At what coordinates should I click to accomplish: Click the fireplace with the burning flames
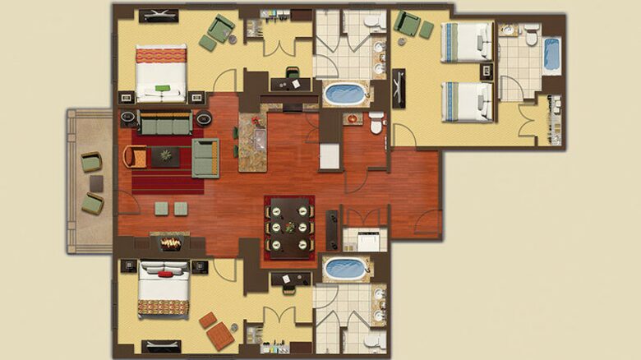coord(170,243)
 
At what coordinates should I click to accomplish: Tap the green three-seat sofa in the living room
coord(165,122)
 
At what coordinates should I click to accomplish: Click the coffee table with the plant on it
coord(166,156)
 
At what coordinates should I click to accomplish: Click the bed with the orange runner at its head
coord(161,73)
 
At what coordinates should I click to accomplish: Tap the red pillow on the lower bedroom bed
coord(165,274)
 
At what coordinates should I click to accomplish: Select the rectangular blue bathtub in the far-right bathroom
coord(551,54)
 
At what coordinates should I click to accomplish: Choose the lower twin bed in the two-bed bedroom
coord(467,102)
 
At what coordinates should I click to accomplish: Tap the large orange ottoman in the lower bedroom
coord(220,335)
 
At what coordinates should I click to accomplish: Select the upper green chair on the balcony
coord(91,163)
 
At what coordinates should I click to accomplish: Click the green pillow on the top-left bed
coord(162,88)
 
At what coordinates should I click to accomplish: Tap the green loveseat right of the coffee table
coord(205,159)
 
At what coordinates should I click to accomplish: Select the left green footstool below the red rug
coord(161,209)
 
